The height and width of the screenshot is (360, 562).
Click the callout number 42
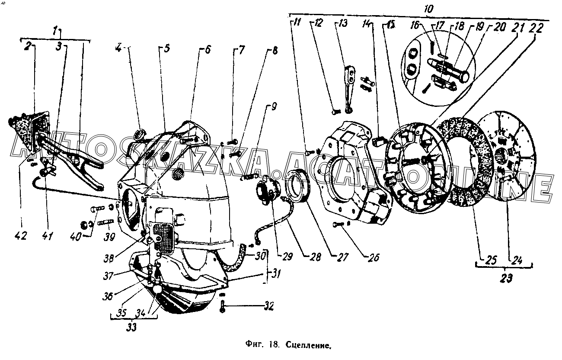20,236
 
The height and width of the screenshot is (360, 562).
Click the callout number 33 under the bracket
132,327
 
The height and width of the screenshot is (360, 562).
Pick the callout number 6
207,49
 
